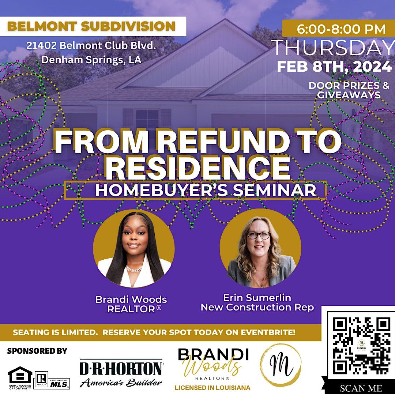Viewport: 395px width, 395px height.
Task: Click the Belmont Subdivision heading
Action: (91, 26)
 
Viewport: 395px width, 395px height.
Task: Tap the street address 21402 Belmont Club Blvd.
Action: (91, 46)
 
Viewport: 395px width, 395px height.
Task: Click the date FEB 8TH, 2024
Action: (334, 67)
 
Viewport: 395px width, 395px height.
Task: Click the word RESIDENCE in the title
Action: (200, 168)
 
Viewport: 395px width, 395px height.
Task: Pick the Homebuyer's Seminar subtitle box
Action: (195, 190)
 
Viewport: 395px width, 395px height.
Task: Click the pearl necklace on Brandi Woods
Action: (134, 269)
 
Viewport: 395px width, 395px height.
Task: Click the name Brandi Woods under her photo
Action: (131, 300)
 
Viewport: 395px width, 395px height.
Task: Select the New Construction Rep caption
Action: (257, 308)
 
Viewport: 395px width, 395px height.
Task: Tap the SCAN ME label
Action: (361, 388)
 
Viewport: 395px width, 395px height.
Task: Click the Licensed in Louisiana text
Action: (212, 387)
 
